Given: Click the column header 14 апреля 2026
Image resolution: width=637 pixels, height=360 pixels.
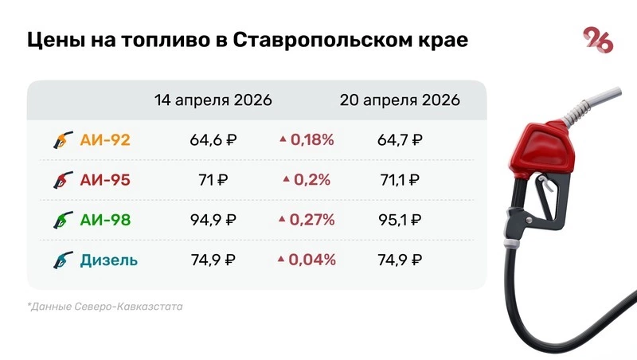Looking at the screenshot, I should click(213, 101).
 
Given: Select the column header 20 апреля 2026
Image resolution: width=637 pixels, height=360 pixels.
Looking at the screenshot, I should click(400, 101).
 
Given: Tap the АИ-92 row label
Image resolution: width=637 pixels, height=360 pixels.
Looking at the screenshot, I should click(105, 140).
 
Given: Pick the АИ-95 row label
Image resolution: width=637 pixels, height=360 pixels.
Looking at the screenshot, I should click(105, 180).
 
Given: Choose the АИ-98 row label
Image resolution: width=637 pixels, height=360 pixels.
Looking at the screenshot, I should click(105, 220).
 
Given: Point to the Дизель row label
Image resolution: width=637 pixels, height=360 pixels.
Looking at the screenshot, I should click(109, 260).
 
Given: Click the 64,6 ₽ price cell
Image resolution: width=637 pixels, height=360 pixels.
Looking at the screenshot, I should click(213, 140).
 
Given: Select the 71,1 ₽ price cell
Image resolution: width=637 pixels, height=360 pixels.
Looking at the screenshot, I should click(399, 180).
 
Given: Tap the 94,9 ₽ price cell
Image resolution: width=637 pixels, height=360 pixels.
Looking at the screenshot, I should click(213, 220).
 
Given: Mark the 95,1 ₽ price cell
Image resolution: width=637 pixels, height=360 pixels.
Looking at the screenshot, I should click(399, 220).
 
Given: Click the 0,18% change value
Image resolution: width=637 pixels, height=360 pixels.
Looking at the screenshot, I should click(312, 140).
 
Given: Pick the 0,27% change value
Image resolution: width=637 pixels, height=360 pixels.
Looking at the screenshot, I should click(312, 220).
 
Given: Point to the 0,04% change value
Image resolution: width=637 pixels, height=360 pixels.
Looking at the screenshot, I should click(312, 260).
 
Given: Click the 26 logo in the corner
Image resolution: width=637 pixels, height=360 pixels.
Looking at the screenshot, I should click(598, 40).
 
